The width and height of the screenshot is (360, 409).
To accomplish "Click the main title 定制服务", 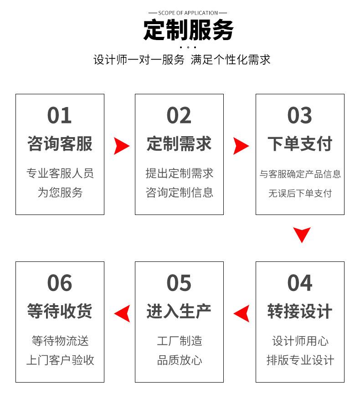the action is (x=188, y=30).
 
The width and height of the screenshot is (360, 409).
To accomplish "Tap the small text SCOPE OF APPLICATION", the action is (x=188, y=13).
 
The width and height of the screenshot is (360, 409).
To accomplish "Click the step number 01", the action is (x=60, y=116).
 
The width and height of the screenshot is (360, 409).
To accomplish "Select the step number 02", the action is (x=179, y=116).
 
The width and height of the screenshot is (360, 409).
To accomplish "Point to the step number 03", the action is (x=299, y=116).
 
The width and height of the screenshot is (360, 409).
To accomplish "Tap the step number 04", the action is (x=299, y=283).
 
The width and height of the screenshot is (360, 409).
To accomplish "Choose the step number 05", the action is (x=179, y=283).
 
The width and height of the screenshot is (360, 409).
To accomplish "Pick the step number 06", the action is (x=60, y=283).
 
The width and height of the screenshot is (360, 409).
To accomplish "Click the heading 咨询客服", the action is (x=60, y=143).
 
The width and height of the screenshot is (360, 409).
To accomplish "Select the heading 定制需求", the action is (x=179, y=143).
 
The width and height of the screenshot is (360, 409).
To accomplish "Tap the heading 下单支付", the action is (x=299, y=143).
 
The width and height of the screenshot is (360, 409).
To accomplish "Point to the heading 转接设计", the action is (x=299, y=312).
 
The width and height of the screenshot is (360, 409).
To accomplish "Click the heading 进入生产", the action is (x=179, y=312).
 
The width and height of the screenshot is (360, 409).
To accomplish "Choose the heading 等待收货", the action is (x=60, y=312).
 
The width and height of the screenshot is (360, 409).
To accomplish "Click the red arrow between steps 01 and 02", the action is (x=121, y=146).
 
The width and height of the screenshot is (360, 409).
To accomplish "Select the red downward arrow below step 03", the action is (x=301, y=234).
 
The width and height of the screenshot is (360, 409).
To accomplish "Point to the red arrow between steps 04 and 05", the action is (x=242, y=313).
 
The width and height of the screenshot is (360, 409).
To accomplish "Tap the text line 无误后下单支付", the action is (x=299, y=193).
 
